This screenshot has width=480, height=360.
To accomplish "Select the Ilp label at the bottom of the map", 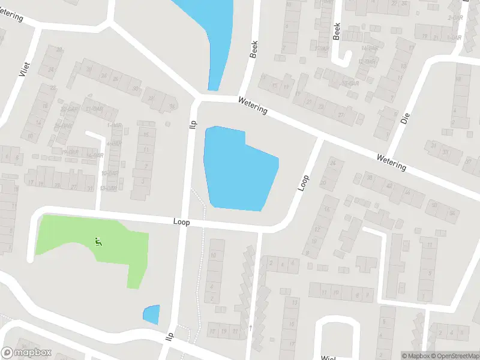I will pyautogui.click(x=170, y=337).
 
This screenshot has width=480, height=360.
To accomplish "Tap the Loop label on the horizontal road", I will pyautogui.click(x=181, y=222).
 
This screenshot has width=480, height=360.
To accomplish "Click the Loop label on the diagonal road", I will pyautogui.click(x=304, y=182).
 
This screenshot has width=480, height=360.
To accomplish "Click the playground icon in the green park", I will pyautogui.click(x=98, y=242).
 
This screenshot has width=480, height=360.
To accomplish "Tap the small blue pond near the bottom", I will pyautogui.click(x=152, y=314).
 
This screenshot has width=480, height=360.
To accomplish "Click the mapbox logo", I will pyautogui.click(x=26, y=353).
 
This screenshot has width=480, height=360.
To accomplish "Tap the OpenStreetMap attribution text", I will pyautogui.click(x=455, y=356).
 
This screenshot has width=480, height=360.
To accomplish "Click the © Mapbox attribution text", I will pyautogui.click(x=415, y=356).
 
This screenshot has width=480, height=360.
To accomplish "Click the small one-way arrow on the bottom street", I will pyautogui.click(x=250, y=327).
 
